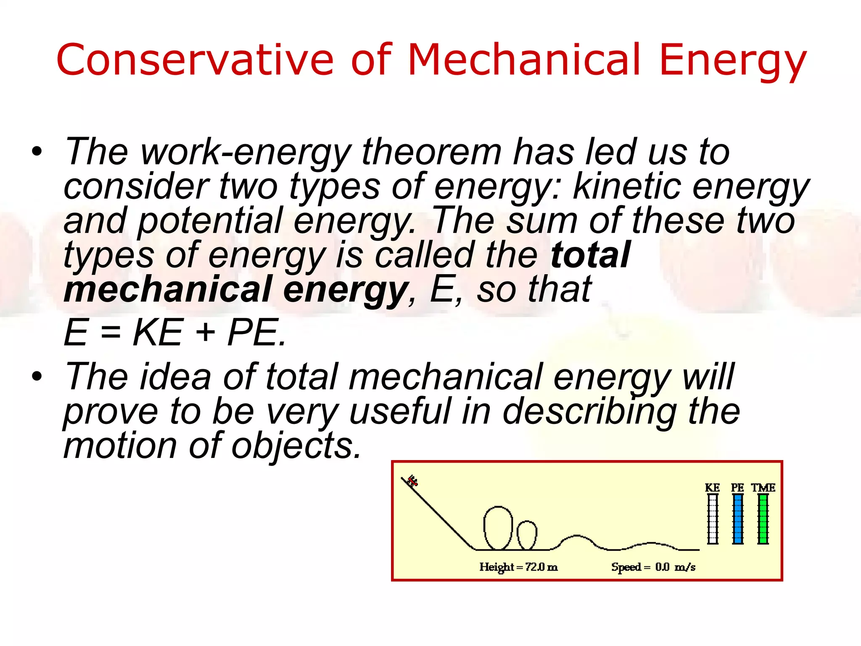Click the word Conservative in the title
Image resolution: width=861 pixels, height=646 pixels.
tap(195, 60)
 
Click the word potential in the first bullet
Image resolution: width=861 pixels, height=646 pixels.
tap(210, 221)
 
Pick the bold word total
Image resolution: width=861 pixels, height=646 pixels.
tap(590, 255)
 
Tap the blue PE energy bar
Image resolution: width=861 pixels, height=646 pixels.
tap(737, 519)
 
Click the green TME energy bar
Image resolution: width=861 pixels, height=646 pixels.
tap(763, 519)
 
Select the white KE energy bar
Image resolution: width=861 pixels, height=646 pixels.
tap(713, 519)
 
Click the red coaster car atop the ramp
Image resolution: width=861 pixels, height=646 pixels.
tap(412, 481)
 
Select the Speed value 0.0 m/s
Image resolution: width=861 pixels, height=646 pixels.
tap(675, 567)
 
